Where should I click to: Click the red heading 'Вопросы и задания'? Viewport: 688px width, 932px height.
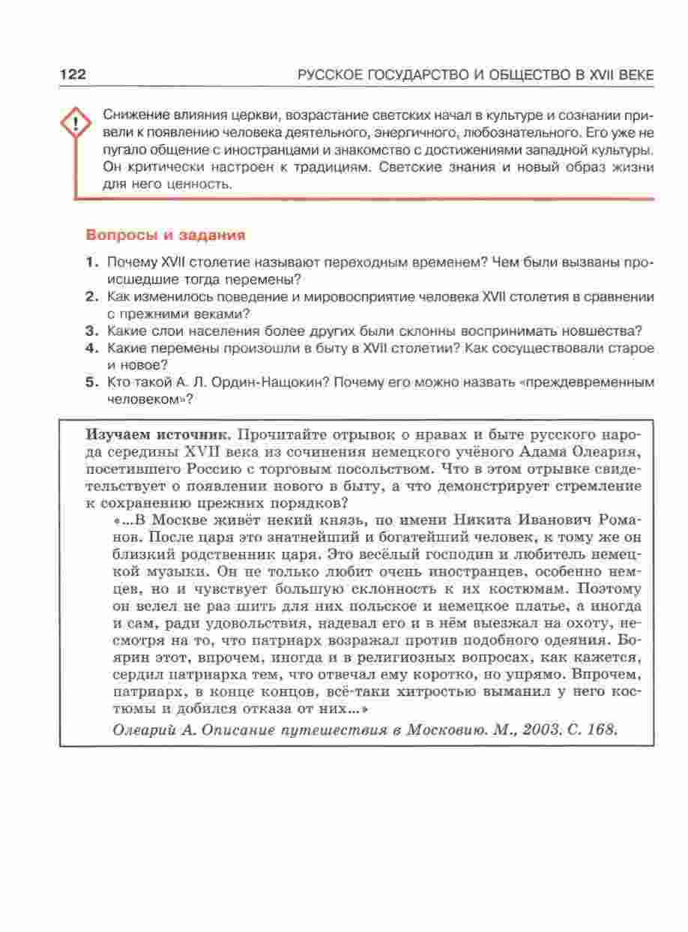tap(166, 235)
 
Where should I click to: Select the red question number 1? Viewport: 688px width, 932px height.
tap(92, 262)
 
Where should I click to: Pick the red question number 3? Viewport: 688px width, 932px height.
tap(92, 331)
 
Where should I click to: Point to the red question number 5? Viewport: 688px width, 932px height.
tap(92, 382)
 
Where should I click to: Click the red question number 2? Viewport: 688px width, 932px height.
tap(92, 297)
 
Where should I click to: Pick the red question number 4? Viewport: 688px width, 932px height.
tap(92, 348)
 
